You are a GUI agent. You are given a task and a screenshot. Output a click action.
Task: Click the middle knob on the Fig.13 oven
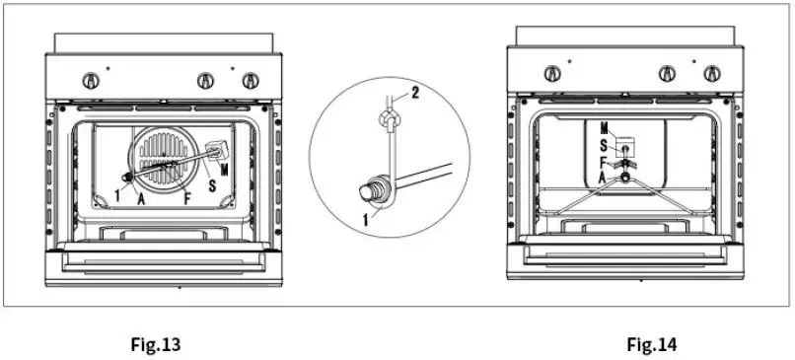pyautogui.click(x=205, y=79)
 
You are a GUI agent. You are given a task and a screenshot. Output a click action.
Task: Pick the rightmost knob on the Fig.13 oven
pyautogui.click(x=251, y=79)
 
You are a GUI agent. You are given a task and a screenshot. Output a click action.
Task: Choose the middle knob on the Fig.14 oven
pyautogui.click(x=667, y=73)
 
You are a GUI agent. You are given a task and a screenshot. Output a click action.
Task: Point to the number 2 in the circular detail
pyautogui.click(x=416, y=93)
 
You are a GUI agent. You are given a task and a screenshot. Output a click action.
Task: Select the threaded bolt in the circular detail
pyautogui.click(x=374, y=187)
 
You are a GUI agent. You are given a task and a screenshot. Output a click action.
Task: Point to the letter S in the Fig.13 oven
pyautogui.click(x=212, y=184)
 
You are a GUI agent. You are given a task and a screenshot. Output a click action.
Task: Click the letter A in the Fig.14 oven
pyautogui.click(x=603, y=176)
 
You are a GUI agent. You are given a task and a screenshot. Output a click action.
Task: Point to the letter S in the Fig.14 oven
pyautogui.click(x=603, y=144)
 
